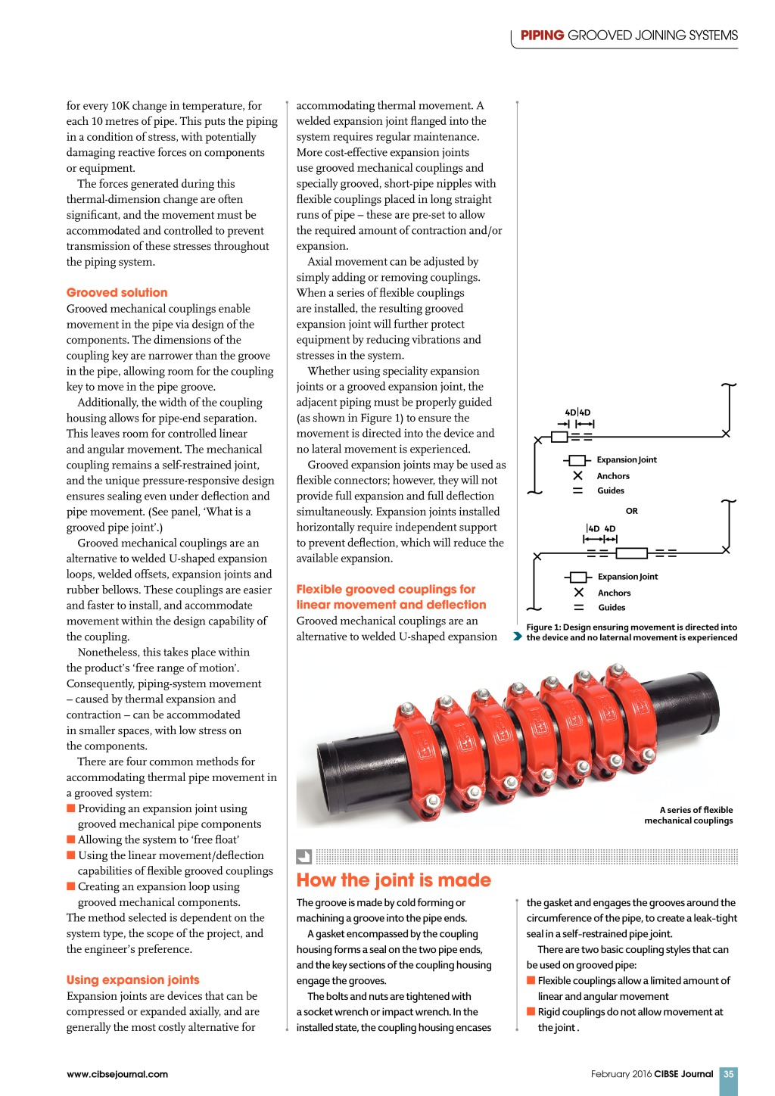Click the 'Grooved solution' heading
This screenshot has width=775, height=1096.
coord(117,293)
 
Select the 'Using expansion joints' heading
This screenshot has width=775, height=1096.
coord(132,980)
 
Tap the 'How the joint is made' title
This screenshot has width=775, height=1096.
coord(394,880)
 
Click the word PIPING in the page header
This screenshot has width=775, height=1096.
coord(542,36)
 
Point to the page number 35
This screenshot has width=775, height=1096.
coord(728,1074)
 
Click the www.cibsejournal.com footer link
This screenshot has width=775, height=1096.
coord(117,1074)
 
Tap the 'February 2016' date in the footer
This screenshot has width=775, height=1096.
coord(621,1074)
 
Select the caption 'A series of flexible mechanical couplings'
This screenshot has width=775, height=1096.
coord(689,815)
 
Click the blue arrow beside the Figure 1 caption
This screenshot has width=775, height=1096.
coord(518,637)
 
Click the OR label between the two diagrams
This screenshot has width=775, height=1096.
coord(632,511)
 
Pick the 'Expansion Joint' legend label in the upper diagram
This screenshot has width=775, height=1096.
coord(627,460)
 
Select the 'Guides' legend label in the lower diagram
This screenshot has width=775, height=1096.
coord(612,608)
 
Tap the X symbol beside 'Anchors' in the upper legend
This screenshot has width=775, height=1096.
coord(577,475)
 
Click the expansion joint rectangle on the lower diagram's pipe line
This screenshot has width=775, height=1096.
coord(631,553)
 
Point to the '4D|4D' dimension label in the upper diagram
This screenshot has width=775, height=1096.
coord(577,413)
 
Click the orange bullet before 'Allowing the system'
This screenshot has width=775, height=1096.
coord(71,839)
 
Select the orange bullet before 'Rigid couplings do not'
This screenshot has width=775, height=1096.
coord(531,1012)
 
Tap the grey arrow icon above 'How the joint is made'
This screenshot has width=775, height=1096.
coord(303,857)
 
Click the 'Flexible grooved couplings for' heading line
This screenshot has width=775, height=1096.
coord(385,590)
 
